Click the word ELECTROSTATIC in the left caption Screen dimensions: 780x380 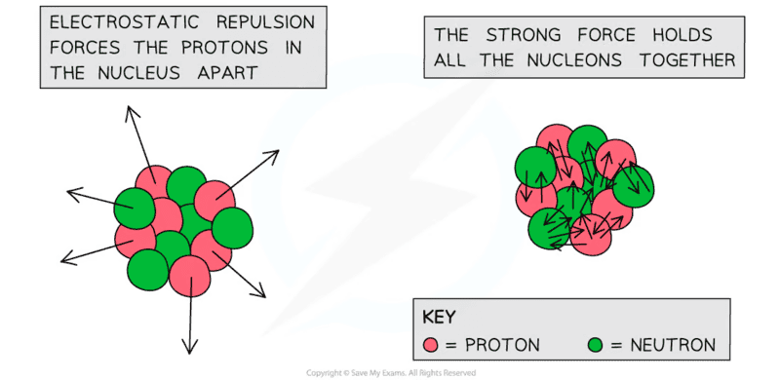point(125,22)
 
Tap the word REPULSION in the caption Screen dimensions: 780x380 point(265,22)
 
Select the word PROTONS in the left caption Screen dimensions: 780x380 point(224,48)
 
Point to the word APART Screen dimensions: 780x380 point(227,73)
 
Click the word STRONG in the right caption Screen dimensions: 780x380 point(523,35)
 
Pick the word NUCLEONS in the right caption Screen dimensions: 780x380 point(574,60)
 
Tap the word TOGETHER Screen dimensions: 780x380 point(687,60)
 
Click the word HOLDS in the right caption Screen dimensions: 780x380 point(682,35)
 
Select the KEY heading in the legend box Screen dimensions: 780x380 point(438,318)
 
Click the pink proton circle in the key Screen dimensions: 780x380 point(430,345)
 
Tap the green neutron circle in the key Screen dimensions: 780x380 point(595,345)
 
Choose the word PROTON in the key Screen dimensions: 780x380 point(502,345)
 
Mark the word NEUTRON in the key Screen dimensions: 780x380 point(673,345)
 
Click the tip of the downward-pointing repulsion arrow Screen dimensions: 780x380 point(189,354)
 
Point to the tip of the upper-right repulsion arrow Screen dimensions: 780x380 point(279,150)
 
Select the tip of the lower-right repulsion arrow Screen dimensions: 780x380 point(265,297)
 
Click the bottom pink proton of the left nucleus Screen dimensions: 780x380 point(189,276)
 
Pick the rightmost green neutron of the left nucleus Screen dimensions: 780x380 point(232,228)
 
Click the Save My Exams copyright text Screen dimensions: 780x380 point(391,372)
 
